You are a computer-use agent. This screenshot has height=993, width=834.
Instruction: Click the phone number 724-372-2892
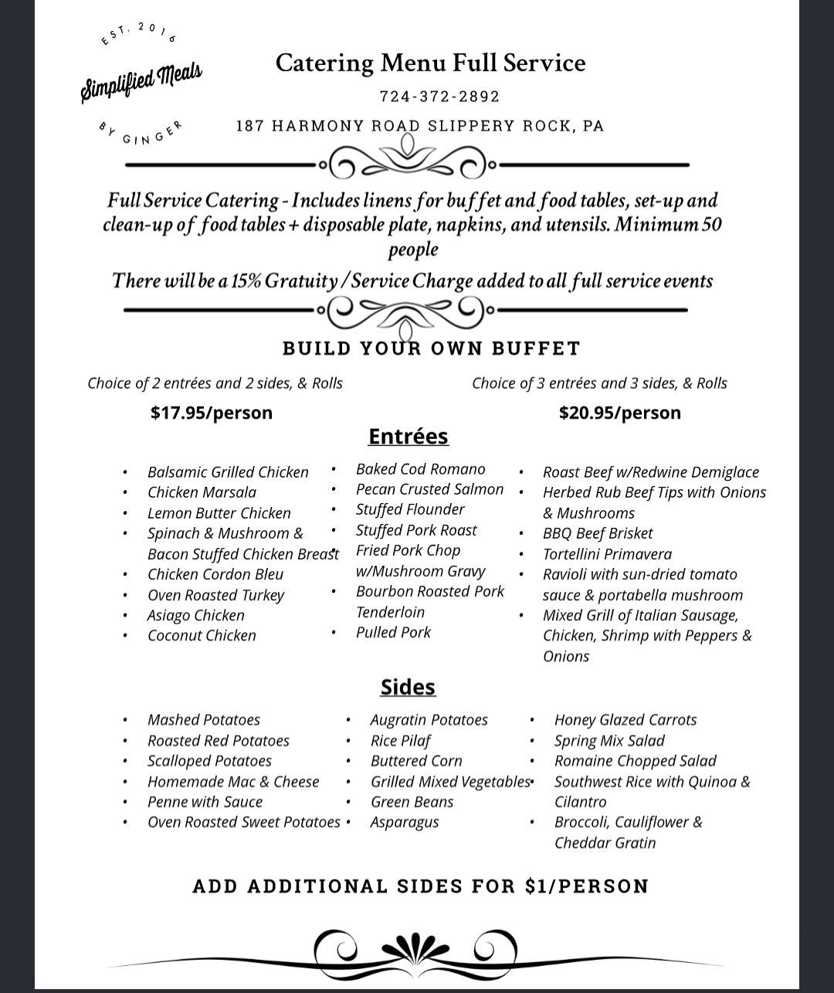(439, 97)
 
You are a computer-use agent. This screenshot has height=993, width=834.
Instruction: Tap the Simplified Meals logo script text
(141, 81)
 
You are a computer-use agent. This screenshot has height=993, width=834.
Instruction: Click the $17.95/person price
(212, 413)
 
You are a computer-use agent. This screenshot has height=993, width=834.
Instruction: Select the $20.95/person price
(620, 413)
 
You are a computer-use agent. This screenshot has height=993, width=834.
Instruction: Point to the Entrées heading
(408, 437)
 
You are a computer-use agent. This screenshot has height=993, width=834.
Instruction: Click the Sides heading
(408, 687)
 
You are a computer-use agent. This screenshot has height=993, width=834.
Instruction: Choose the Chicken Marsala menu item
(202, 492)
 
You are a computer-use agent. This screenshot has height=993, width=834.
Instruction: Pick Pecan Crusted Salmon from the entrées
(429, 489)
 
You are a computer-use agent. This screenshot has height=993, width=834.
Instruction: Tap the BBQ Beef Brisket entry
(598, 533)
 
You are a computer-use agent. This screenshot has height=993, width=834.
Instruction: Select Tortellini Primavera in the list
(607, 554)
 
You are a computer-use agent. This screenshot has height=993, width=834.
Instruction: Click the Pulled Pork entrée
(393, 632)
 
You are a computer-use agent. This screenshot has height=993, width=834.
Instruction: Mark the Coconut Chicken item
(202, 635)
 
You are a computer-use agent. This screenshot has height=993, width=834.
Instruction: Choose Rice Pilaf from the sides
(400, 740)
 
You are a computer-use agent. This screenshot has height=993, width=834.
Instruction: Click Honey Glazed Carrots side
(625, 719)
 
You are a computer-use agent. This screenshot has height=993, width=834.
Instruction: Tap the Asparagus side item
(405, 822)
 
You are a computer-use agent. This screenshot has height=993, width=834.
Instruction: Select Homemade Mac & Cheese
(233, 781)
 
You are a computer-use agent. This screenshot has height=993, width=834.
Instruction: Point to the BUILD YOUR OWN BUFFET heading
(431, 349)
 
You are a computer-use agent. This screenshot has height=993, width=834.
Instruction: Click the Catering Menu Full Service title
(430, 63)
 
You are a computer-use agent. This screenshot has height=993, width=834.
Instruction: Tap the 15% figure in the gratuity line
(246, 281)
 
